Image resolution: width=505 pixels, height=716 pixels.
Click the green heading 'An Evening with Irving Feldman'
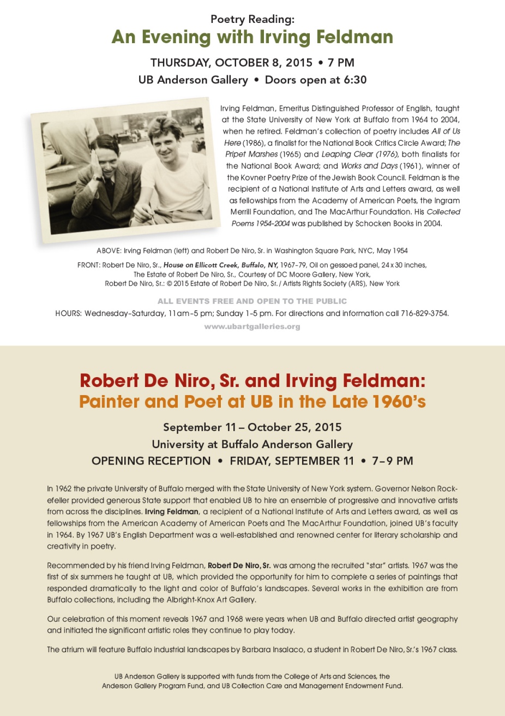coord(252,37)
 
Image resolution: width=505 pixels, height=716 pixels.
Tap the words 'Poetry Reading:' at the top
coord(252,19)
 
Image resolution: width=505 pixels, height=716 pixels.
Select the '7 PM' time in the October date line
coord(341,62)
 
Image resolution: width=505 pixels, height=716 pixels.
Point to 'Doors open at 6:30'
coord(316,80)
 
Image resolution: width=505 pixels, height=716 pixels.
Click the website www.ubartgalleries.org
coord(252,326)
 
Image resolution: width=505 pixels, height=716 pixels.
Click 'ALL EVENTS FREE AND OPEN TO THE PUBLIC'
coord(252,301)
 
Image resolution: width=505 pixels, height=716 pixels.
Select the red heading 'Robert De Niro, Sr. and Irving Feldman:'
coord(252,380)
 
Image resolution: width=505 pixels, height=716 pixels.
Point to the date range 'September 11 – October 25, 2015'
coord(252,427)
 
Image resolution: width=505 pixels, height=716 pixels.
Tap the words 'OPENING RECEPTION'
coord(151,461)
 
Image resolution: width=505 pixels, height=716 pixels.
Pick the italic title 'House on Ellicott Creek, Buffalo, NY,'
coord(221,265)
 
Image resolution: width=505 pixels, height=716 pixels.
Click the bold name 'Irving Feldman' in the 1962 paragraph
coord(171,511)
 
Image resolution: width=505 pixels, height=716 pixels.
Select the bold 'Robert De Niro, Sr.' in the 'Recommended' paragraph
coord(239,565)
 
